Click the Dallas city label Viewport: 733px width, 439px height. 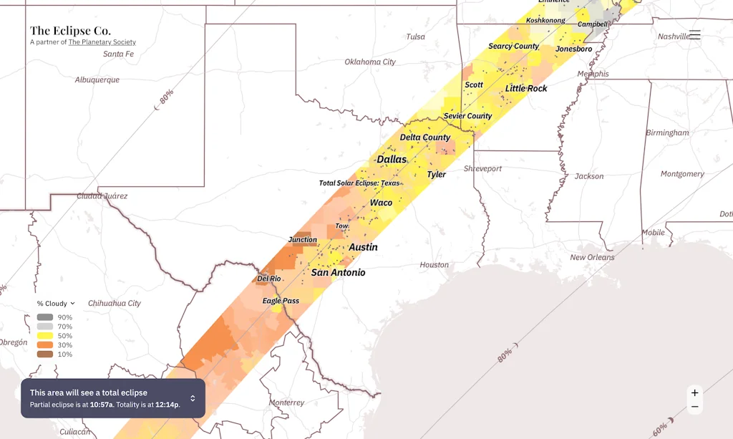pyautogui.click(x=392, y=159)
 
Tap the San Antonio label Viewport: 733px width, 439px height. pyautogui.click(x=338, y=273)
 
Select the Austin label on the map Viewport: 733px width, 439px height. pyautogui.click(x=363, y=247)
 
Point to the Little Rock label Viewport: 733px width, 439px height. pyautogui.click(x=526, y=88)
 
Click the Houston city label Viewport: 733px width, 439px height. pyautogui.click(x=434, y=265)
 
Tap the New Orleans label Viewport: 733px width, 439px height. pyautogui.click(x=592, y=258)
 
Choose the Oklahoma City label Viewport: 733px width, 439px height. pyautogui.click(x=369, y=62)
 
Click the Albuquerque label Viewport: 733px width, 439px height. pyautogui.click(x=97, y=80)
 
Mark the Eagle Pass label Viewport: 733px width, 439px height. pyautogui.click(x=281, y=301)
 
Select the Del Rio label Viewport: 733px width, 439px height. pyautogui.click(x=269, y=279)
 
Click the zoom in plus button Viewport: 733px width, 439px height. pyautogui.click(x=694, y=393)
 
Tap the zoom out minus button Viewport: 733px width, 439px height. pyautogui.click(x=694, y=407)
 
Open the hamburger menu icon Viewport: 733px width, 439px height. pyautogui.click(x=694, y=34)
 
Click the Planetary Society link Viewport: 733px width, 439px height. pyautogui.click(x=102, y=42)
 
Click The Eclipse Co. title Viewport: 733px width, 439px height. pyautogui.click(x=70, y=31)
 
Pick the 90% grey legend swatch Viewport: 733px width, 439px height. pyautogui.click(x=45, y=317)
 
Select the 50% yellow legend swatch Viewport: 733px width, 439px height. pyautogui.click(x=45, y=336)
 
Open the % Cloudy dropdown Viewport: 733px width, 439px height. pyautogui.click(x=56, y=304)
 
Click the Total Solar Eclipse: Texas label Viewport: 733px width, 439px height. pyautogui.click(x=359, y=183)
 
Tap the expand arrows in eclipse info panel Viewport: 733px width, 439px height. pyautogui.click(x=193, y=398)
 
